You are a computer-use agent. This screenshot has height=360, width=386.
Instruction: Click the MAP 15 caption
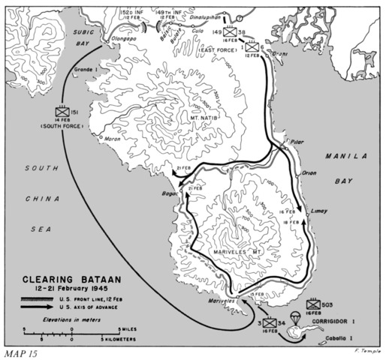(x=20, y=352)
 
